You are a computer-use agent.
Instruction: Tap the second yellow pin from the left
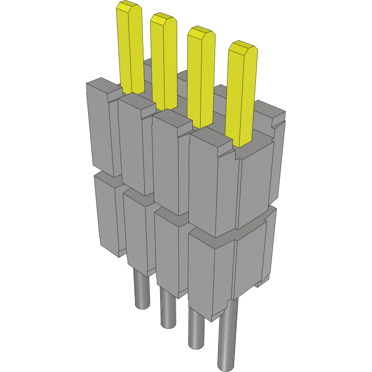point(164,62)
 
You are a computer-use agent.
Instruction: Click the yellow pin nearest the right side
point(241,95)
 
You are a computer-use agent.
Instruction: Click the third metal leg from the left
point(196,328)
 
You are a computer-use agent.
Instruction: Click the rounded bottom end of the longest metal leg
point(227,365)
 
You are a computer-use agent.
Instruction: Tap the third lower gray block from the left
point(167,251)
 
